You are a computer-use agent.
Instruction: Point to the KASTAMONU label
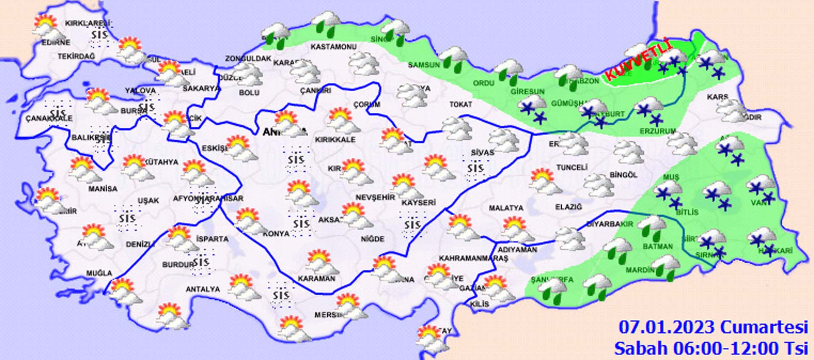[333, 47]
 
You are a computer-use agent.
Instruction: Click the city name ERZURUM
[658, 131]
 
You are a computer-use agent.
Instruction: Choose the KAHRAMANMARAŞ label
[473, 258]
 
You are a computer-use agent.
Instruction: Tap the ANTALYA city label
[203, 289]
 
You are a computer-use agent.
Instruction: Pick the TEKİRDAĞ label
[76, 56]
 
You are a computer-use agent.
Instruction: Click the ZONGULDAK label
[248, 59]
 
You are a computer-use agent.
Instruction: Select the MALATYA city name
[506, 208]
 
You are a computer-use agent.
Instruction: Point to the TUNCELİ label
[572, 167]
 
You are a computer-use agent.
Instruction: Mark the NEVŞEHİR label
[375, 198]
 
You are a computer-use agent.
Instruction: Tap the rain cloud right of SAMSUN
[454, 59]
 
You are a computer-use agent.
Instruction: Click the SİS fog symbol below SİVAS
[475, 169]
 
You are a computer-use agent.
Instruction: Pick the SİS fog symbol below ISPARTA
[201, 262]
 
